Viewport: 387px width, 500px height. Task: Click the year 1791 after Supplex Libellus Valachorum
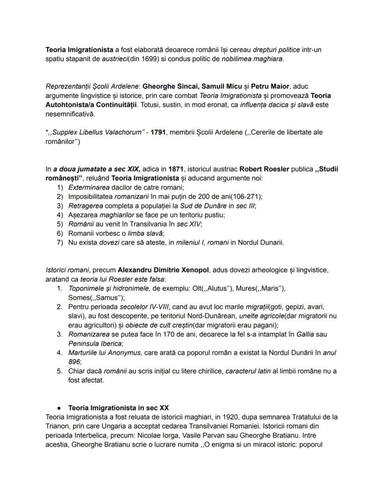coord(158,132)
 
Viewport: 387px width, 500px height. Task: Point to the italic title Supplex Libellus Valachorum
coord(97,132)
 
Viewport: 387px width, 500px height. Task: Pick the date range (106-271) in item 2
coord(244,196)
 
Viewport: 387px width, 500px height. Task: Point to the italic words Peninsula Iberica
coord(95,344)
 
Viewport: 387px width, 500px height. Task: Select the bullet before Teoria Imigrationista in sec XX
coord(59,408)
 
